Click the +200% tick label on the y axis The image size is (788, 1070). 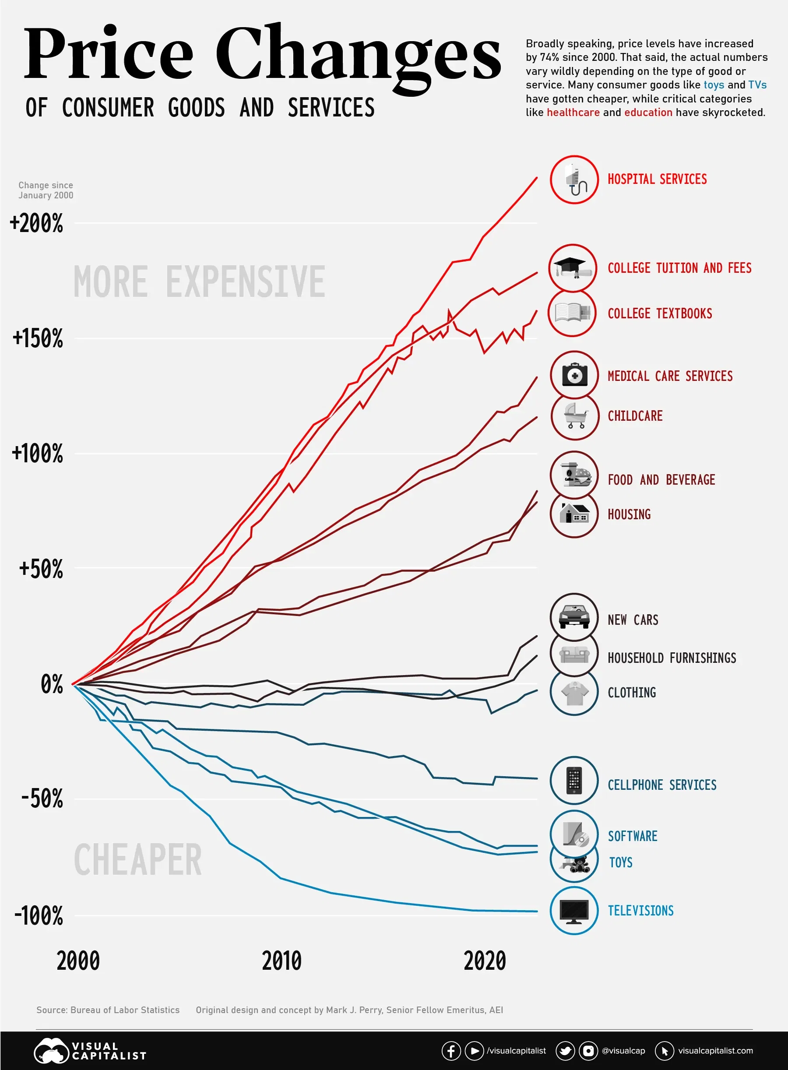(36, 223)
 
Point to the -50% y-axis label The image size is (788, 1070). (42, 799)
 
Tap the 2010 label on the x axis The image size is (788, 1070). (281, 961)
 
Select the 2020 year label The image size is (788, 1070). (484, 961)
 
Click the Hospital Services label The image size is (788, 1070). (657, 180)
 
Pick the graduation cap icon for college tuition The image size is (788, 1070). (573, 267)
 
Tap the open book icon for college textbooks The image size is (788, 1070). (572, 313)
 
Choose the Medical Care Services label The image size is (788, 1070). (670, 376)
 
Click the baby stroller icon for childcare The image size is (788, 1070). (575, 416)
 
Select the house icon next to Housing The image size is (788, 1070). (574, 514)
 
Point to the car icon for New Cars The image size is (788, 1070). (574, 617)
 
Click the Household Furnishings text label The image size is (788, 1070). (672, 658)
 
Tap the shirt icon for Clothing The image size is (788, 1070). (574, 692)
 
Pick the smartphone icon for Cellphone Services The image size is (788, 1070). (574, 781)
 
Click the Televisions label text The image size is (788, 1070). (640, 911)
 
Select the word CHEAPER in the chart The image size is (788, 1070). (138, 859)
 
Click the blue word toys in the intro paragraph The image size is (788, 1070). (714, 85)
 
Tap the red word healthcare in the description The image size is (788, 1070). (573, 113)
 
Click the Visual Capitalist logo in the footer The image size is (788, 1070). (90, 1051)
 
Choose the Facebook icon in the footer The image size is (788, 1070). (451, 1051)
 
